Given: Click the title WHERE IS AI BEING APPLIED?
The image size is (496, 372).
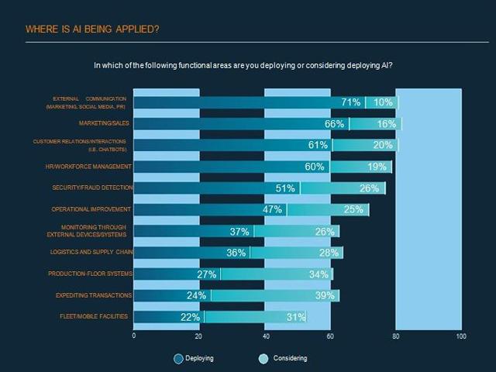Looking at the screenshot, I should (x=93, y=29).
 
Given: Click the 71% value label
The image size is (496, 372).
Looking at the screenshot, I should (x=351, y=102).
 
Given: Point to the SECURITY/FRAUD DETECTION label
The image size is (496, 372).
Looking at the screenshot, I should (x=92, y=188).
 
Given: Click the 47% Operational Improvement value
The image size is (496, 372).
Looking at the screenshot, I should (x=272, y=210).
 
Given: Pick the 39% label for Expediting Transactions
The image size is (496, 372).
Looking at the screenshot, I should (x=325, y=295).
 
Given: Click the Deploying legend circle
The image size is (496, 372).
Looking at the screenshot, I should (x=179, y=358).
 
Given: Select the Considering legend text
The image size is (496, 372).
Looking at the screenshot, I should (x=290, y=358).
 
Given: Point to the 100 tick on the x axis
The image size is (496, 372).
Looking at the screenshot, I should (x=461, y=336).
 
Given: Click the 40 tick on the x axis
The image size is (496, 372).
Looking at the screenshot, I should (x=265, y=336).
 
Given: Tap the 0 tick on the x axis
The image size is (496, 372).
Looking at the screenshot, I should (x=134, y=336).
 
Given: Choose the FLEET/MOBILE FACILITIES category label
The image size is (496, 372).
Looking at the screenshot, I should (x=94, y=316).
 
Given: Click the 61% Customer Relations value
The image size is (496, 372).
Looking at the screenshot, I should (x=318, y=146).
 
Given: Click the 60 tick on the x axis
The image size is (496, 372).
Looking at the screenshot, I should (x=330, y=336).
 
